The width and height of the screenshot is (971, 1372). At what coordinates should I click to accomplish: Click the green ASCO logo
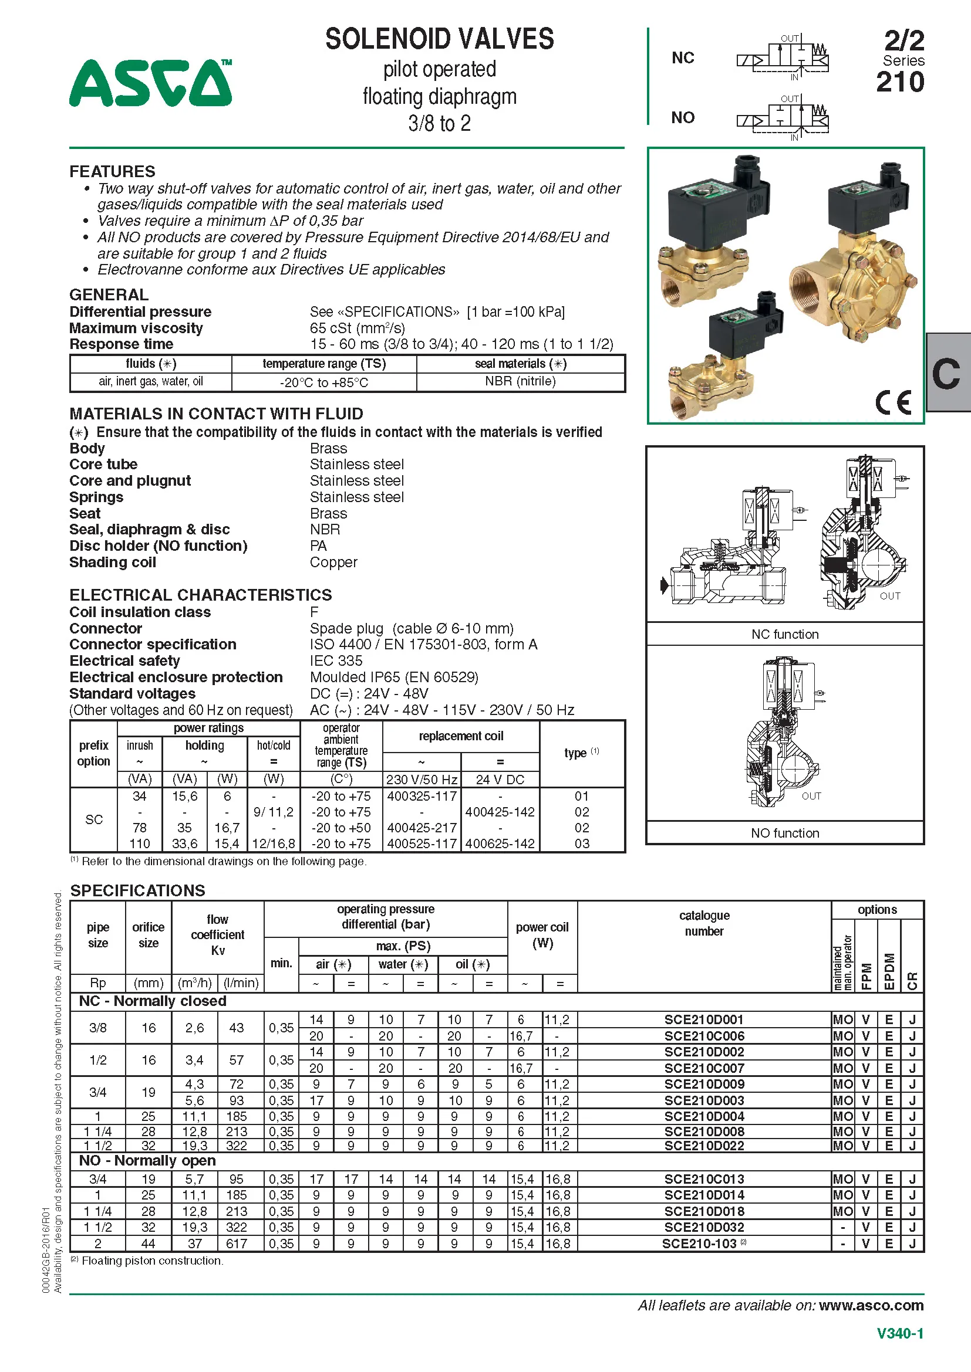[x=150, y=83]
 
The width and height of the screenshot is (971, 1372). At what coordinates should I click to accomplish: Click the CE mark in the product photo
[x=893, y=402]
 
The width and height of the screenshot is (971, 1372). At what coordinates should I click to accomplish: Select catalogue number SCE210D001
[x=704, y=1019]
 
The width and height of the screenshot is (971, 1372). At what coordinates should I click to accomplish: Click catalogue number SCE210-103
[x=700, y=1244]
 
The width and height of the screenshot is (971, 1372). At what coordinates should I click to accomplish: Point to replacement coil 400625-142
[x=500, y=843]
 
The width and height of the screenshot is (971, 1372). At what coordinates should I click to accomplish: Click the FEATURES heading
[x=112, y=171]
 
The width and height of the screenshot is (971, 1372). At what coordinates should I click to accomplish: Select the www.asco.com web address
[x=871, y=1306]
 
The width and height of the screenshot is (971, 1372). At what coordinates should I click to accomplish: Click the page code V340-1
[x=900, y=1333]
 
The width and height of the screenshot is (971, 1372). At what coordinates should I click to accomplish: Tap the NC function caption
[x=784, y=634]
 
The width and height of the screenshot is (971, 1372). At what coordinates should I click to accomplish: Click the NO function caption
[x=784, y=833]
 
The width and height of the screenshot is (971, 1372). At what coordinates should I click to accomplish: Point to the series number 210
[x=900, y=83]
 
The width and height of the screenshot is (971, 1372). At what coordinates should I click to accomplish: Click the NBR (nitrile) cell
[x=520, y=381]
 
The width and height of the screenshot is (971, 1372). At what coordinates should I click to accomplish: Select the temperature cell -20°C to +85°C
[x=323, y=382]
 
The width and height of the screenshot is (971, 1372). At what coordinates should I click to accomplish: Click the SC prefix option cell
[x=94, y=819]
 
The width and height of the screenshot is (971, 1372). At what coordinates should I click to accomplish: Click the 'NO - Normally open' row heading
[x=147, y=1160]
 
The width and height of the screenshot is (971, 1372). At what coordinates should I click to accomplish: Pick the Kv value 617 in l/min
[x=236, y=1244]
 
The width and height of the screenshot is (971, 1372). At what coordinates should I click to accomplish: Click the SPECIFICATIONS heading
[x=137, y=890]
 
